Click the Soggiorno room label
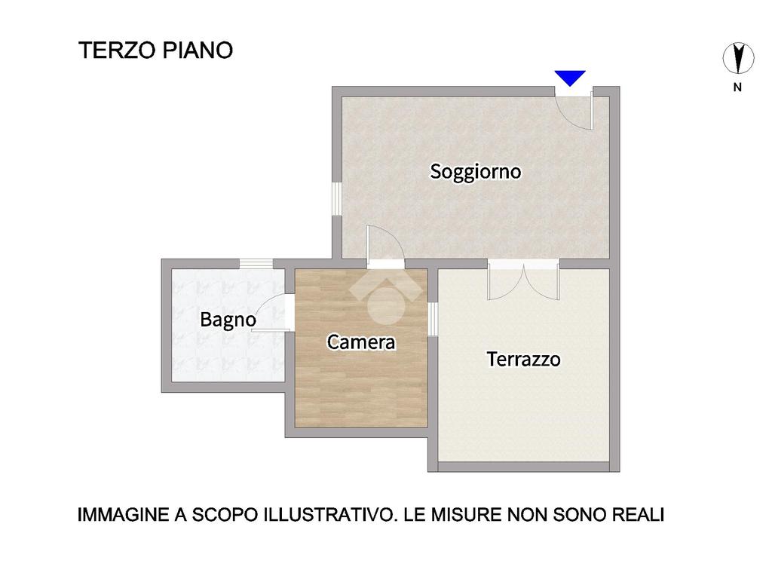[x=475, y=172]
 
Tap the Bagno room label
[x=228, y=320]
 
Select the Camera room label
[x=361, y=342]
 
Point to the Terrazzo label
[x=523, y=359]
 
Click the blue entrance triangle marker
[x=570, y=78]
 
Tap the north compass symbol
[x=738, y=57]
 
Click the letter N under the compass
[x=737, y=87]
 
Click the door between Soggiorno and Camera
[x=385, y=247]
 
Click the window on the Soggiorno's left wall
[x=337, y=199]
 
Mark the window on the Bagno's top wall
[x=256, y=263]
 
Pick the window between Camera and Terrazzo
[x=433, y=319]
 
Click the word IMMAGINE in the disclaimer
[x=123, y=515]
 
